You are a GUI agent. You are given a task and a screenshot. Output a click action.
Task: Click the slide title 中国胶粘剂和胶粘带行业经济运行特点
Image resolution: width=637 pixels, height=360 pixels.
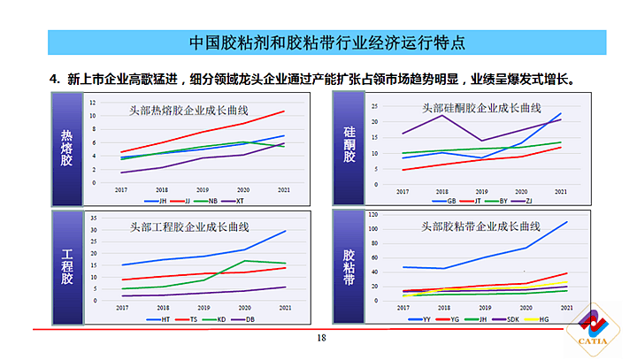(327, 42)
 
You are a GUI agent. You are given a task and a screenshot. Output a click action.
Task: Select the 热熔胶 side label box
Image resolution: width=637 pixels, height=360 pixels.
(66, 147)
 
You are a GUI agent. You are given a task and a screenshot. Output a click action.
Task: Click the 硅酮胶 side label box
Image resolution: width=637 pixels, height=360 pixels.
(349, 147)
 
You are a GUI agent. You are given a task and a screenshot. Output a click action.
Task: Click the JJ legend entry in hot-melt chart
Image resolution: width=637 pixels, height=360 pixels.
(188, 201)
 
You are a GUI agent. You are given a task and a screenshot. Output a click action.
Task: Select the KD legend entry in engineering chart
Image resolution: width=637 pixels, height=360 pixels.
(221, 318)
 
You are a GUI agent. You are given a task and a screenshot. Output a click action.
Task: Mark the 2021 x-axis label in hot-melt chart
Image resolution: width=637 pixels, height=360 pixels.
(282, 189)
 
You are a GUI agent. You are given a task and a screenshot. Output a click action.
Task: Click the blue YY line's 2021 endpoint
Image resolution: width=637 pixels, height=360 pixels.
(567, 222)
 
